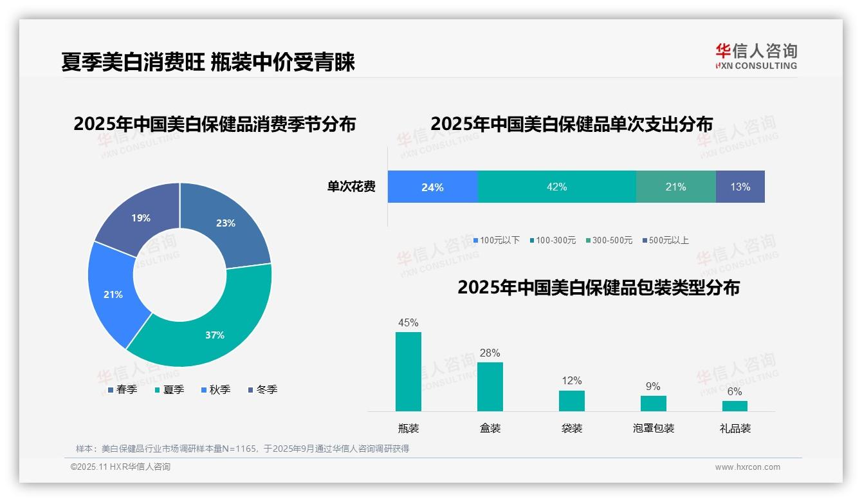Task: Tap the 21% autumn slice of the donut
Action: (x=113, y=294)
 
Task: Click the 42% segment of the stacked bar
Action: (x=556, y=187)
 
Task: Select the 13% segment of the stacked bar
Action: (x=740, y=187)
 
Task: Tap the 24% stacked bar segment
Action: (x=432, y=187)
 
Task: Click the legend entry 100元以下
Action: (x=496, y=240)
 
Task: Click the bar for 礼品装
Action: (x=735, y=405)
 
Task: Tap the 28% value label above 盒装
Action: (x=490, y=353)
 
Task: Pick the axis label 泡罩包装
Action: (x=653, y=428)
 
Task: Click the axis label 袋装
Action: (x=571, y=428)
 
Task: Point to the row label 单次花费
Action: (x=351, y=187)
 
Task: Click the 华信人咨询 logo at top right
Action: (x=756, y=56)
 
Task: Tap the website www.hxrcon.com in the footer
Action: (x=747, y=467)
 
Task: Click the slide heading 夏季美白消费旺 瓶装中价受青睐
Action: (x=208, y=62)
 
